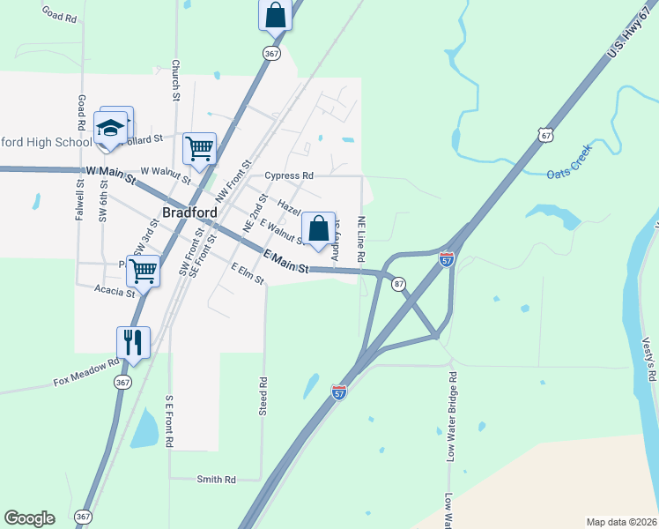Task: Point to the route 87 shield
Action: pos(399,284)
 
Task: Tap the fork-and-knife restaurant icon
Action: pos(133,341)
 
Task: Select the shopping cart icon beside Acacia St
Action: pos(144,270)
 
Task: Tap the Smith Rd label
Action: pos(216,480)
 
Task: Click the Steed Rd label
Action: pos(263,397)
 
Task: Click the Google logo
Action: pos(29,518)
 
